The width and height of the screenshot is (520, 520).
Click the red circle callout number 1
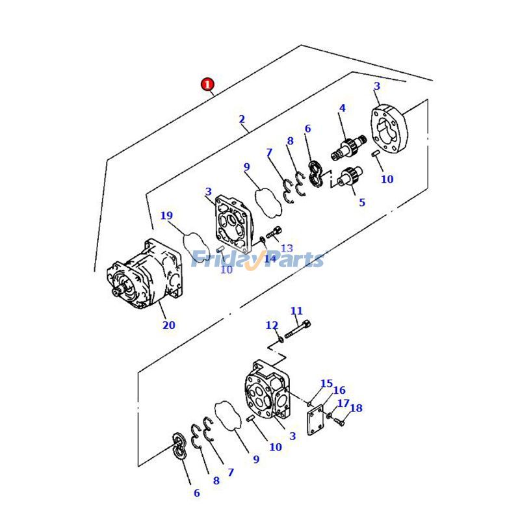[207, 84]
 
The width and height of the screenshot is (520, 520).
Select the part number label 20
[168, 325]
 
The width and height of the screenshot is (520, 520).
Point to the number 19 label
[167, 216]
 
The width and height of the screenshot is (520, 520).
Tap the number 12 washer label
[272, 325]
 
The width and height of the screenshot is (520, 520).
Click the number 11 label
[296, 311]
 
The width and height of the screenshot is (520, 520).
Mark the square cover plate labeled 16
[317, 417]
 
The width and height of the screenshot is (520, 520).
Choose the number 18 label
[356, 408]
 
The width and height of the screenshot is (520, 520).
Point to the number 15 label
[326, 383]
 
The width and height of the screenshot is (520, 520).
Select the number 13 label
[287, 248]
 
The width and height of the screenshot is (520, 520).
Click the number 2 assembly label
[242, 119]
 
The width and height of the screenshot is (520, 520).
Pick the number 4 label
[342, 108]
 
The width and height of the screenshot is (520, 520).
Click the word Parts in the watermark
[296, 260]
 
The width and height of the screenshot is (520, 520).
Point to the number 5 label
[362, 202]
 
